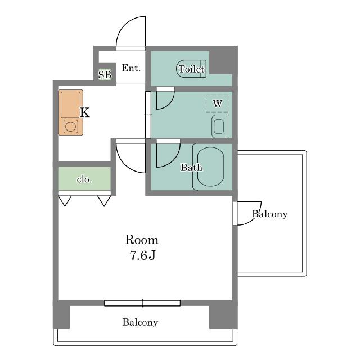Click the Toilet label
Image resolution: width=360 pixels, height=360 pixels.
(x=191, y=69)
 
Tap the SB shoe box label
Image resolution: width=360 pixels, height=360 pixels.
(x=105, y=75)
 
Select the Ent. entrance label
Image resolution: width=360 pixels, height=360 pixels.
(x=131, y=68)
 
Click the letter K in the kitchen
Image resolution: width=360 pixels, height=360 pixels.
(x=84, y=112)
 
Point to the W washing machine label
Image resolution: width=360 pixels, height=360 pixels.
(x=218, y=103)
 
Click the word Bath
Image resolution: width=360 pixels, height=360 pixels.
(x=191, y=168)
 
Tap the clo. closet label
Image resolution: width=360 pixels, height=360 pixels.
(x=84, y=179)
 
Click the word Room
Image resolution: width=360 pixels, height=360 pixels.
(x=142, y=240)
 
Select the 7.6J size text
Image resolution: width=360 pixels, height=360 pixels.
(x=142, y=255)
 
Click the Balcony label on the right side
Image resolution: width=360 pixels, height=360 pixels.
(x=270, y=214)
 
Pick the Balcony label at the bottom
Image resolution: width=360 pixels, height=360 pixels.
(x=140, y=322)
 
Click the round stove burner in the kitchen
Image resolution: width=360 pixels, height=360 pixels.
(x=70, y=127)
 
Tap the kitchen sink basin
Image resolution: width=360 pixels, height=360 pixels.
(x=70, y=105)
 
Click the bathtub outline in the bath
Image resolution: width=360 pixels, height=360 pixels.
(x=210, y=166)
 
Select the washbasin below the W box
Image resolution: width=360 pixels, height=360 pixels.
(x=220, y=127)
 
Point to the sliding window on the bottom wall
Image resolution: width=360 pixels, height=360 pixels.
(x=142, y=303)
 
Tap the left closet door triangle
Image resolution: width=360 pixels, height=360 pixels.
(x=65, y=201)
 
